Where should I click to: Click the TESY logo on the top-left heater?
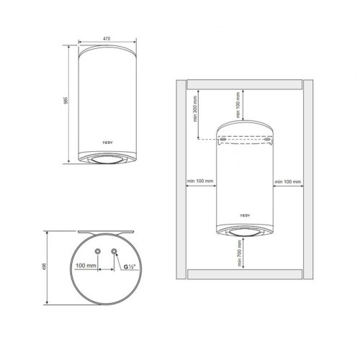coord(105,141)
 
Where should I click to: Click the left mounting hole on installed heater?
coord(226,141)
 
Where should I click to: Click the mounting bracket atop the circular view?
coord(105,231)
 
